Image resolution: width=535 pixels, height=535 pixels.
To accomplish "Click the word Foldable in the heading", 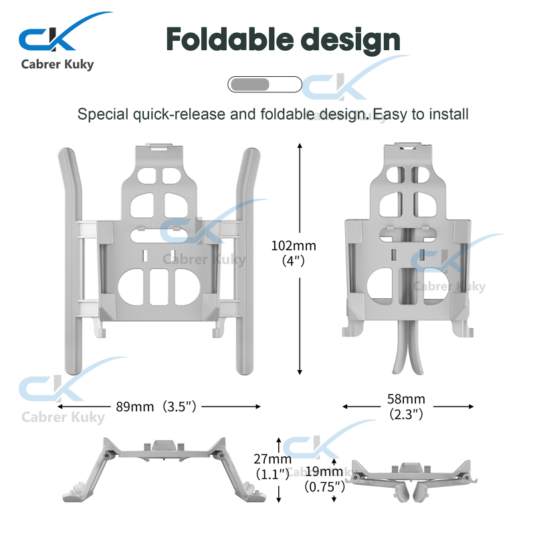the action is [229, 39].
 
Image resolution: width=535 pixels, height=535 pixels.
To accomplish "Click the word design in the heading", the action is [350, 41].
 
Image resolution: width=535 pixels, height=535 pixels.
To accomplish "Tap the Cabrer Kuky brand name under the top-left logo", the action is [58, 64].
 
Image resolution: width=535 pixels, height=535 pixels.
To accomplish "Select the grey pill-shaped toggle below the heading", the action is [265, 84].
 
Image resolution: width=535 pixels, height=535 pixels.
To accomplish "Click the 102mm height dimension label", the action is [294, 245].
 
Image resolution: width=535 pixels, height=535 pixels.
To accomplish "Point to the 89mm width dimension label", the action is [135, 407].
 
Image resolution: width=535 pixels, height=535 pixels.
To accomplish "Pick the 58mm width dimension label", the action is [406, 399].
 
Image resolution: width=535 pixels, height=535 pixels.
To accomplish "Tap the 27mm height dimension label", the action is [272, 459].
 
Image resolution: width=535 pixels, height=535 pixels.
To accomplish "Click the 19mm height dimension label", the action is [324, 471].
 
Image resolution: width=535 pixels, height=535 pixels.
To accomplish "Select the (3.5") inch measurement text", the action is [179, 407].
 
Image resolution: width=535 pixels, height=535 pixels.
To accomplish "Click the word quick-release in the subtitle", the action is [179, 114].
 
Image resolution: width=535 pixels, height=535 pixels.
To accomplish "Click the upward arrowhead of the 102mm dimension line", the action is [300, 146].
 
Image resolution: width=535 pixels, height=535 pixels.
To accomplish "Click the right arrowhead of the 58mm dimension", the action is [471, 407].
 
